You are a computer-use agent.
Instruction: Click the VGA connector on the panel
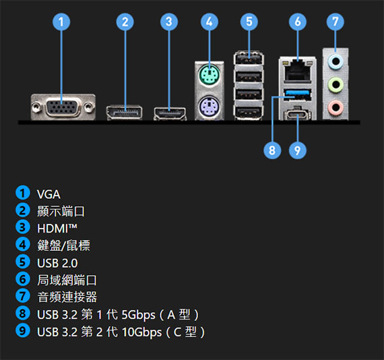tap(63, 107)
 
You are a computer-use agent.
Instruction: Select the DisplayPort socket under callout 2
tap(125, 113)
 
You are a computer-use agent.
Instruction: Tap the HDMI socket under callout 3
tap(170, 114)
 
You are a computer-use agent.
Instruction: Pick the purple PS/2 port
tap(209, 106)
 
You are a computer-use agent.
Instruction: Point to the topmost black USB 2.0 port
tap(249, 59)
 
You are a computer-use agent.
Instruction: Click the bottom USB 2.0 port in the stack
tap(249, 113)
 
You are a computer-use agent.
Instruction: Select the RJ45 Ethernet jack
tap(297, 70)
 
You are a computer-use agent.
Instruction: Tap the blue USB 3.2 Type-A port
tap(297, 95)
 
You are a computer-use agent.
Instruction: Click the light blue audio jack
tap(335, 61)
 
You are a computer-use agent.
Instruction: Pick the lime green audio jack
tap(335, 84)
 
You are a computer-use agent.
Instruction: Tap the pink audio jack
tap(335, 107)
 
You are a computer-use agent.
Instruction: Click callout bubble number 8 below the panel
tap(272, 150)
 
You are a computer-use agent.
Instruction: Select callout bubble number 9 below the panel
tap(297, 150)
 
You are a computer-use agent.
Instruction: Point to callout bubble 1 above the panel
tap(61, 22)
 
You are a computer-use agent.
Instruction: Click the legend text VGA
tap(49, 194)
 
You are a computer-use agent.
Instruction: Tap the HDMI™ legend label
tap(57, 229)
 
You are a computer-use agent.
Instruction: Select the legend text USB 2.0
tap(57, 263)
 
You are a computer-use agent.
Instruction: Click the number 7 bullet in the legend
tap(22, 296)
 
